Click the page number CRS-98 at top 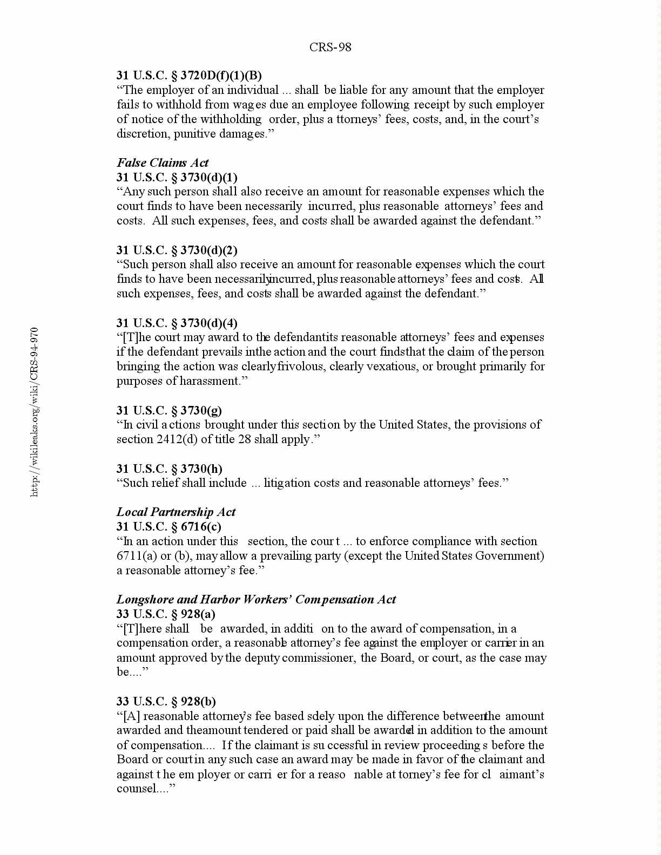pyautogui.click(x=330, y=47)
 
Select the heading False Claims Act pyautogui.click(x=163, y=162)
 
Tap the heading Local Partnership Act pyautogui.click(x=176, y=512)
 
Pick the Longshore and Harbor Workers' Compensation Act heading pyautogui.click(x=256, y=599)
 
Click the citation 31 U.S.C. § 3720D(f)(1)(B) pyautogui.click(x=189, y=76)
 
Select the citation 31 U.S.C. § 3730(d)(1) pyautogui.click(x=177, y=177)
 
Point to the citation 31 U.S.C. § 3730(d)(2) pyautogui.click(x=177, y=250)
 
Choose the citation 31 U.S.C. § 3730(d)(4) pyautogui.click(x=177, y=323)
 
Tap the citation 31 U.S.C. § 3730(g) pyautogui.click(x=169, y=410)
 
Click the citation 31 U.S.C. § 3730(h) pyautogui.click(x=169, y=469)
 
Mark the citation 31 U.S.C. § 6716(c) pyautogui.click(x=168, y=526)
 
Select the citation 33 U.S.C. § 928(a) pyautogui.click(x=166, y=614)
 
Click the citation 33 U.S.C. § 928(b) pyautogui.click(x=166, y=701)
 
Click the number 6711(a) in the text pyautogui.click(x=137, y=556)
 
